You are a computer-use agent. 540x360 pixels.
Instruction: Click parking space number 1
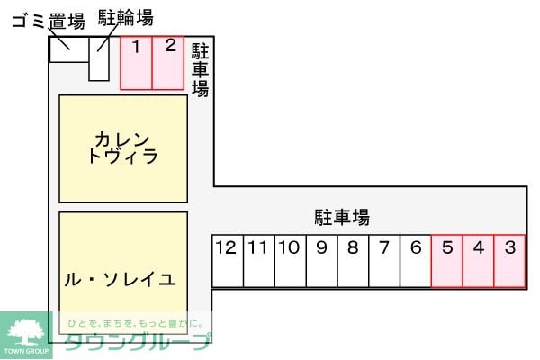click(x=137, y=63)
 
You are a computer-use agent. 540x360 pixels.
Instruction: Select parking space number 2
click(x=168, y=63)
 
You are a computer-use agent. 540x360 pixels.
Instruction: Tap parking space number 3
click(x=509, y=261)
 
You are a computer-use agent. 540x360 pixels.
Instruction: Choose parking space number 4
click(x=479, y=261)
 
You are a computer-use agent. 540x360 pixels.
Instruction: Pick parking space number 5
click(x=447, y=261)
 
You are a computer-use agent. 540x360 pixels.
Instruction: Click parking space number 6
click(x=416, y=261)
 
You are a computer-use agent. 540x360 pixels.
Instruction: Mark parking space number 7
click(x=384, y=261)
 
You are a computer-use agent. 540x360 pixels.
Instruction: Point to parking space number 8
click(x=353, y=261)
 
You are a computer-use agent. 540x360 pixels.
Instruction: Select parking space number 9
click(x=321, y=261)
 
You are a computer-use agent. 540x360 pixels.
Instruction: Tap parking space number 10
click(x=291, y=261)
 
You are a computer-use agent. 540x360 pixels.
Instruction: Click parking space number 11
click(x=259, y=261)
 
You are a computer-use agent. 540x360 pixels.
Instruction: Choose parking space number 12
click(x=228, y=261)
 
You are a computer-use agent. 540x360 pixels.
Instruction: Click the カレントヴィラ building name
click(x=123, y=148)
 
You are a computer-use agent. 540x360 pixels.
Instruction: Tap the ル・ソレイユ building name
click(x=121, y=279)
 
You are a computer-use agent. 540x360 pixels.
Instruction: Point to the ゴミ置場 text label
click(x=49, y=22)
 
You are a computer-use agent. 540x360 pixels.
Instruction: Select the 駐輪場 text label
click(x=126, y=18)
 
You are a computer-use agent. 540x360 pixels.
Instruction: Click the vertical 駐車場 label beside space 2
click(x=200, y=70)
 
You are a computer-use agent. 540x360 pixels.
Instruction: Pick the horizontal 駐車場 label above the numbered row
click(x=342, y=218)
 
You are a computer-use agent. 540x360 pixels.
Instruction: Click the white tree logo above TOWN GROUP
click(x=26, y=332)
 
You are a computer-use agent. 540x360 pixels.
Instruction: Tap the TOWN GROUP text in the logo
click(x=26, y=351)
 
